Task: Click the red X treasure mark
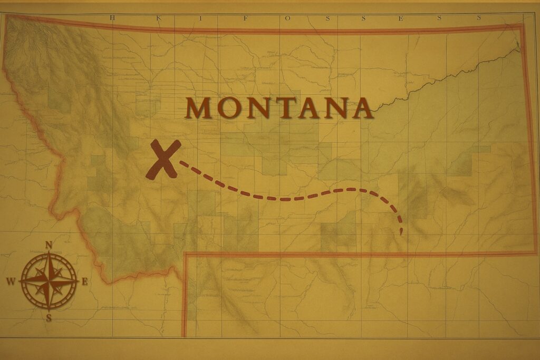coord(163,159)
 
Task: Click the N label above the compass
coord(49,245)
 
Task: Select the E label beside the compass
coord(84,281)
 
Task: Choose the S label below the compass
coord(49,317)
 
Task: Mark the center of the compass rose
coord(49,281)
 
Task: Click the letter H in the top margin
coord(112,17)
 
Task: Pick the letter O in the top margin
coord(288,17)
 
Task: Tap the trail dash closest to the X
coord(184,164)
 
